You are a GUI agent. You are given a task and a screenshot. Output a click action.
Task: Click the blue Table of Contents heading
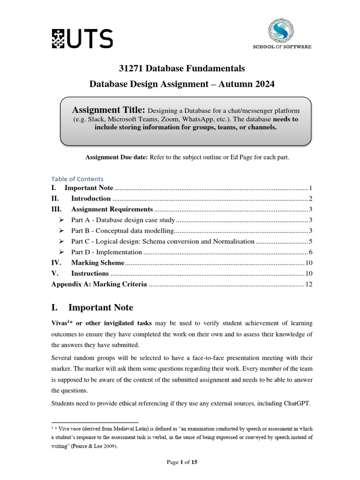click(x=77, y=179)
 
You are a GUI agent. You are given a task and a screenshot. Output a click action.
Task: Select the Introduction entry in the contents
click(x=91, y=198)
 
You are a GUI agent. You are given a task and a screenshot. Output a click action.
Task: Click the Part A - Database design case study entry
click(x=123, y=220)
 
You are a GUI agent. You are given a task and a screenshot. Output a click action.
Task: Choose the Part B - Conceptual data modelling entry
click(x=122, y=231)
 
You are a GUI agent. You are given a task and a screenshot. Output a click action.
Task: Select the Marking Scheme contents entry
click(x=97, y=263)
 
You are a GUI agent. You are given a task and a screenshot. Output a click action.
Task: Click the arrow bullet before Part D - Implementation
click(x=61, y=252)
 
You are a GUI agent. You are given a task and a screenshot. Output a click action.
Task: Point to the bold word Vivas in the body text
click(x=60, y=323)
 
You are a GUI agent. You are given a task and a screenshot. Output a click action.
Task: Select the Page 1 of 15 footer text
click(x=182, y=462)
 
